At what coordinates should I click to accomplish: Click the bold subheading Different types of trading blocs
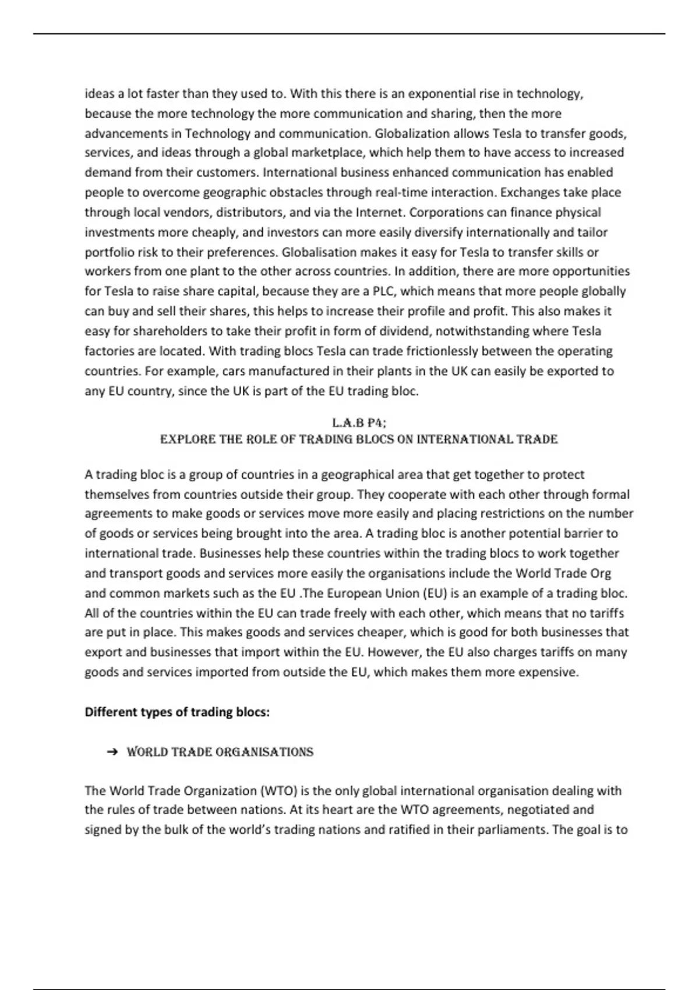pos(177,712)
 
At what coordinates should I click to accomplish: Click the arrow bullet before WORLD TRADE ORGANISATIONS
pos(112,752)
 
